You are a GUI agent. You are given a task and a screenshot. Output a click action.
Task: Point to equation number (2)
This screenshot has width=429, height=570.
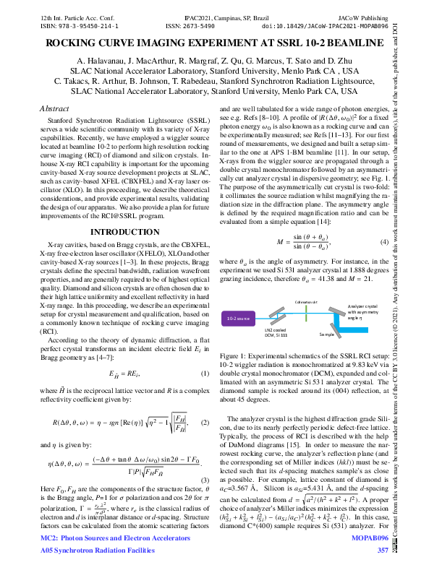coord(204,422)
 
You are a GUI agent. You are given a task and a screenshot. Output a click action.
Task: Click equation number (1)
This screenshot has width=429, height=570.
coord(204,374)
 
